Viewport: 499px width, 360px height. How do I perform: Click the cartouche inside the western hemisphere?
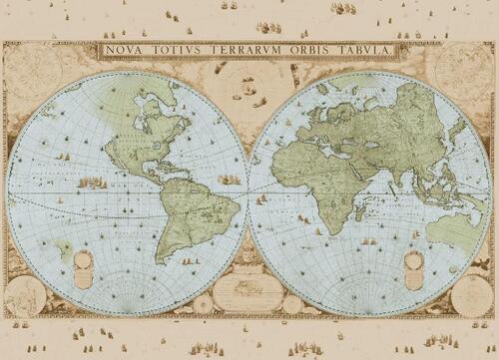click(84, 267)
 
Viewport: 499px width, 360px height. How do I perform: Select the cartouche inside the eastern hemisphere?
click(413, 267)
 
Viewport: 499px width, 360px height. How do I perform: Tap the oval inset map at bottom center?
click(248, 292)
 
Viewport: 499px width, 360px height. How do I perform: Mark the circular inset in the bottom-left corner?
click(25, 296)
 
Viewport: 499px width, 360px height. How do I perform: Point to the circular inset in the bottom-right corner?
click(471, 296)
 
